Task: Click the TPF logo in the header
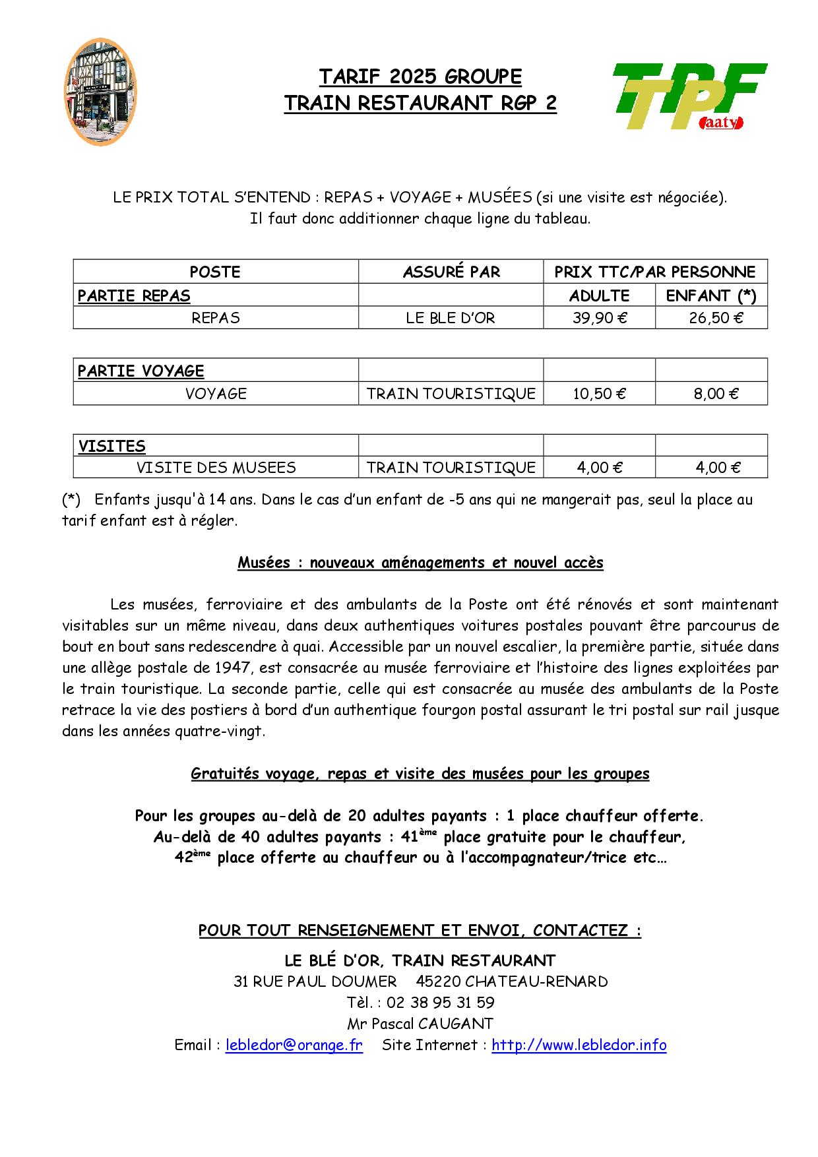pyautogui.click(x=689, y=96)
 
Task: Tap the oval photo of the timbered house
pyautogui.click(x=101, y=92)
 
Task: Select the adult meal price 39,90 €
pyautogui.click(x=599, y=318)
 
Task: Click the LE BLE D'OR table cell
pyautogui.click(x=451, y=318)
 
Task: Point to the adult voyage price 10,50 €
pyautogui.click(x=599, y=394)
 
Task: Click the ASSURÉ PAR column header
pyautogui.click(x=451, y=272)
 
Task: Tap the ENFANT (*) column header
pyautogui.click(x=711, y=296)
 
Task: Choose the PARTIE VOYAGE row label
pyautogui.click(x=141, y=371)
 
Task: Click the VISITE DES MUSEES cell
pyautogui.click(x=216, y=468)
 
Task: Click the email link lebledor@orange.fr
pyautogui.click(x=294, y=1045)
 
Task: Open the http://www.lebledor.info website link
pyautogui.click(x=579, y=1045)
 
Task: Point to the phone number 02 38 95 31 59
pyautogui.click(x=440, y=1003)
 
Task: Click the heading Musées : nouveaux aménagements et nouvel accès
pyautogui.click(x=420, y=563)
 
